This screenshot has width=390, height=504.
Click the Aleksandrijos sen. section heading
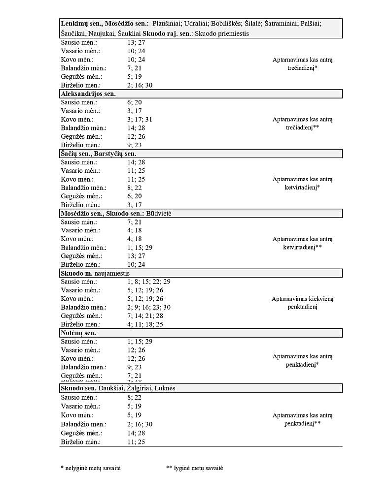[88, 94]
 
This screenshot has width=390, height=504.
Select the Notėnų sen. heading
[78, 333]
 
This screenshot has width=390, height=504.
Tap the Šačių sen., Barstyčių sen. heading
[98, 154]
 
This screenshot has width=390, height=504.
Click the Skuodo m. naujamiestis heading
[95, 273]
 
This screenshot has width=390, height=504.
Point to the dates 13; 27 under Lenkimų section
[136, 42]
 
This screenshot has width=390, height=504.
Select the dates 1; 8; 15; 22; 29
[149, 282]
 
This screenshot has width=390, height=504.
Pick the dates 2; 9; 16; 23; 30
[149, 307]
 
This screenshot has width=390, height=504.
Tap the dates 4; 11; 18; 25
[145, 324]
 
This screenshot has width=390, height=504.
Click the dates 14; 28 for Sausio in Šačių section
[136, 162]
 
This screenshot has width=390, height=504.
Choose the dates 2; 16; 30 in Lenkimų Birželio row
[140, 85]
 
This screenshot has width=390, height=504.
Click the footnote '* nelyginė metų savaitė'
[90, 468]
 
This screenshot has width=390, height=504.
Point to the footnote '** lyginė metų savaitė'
[195, 468]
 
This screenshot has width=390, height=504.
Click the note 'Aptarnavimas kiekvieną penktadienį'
[302, 303]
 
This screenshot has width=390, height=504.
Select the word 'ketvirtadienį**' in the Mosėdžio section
[302, 247]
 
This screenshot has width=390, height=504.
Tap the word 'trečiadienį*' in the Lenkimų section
[302, 68]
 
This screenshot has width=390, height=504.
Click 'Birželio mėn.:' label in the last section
[81, 442]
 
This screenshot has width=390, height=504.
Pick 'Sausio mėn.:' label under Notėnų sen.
[79, 342]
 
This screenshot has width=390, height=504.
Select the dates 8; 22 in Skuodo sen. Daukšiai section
[135, 397]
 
